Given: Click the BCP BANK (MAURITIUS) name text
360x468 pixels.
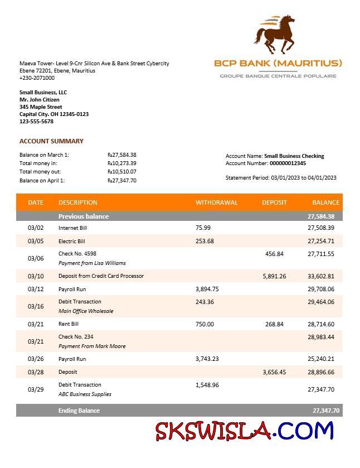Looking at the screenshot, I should click(278, 63).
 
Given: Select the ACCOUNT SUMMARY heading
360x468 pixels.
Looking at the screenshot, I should click(51, 141).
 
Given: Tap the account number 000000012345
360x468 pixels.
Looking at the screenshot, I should click(288, 163).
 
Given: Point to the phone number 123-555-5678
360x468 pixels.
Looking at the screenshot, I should click(36, 121).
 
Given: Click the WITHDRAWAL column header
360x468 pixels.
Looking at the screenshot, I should click(216, 202).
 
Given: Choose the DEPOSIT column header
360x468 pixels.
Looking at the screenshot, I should click(274, 202).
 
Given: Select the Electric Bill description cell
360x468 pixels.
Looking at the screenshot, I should click(71, 242).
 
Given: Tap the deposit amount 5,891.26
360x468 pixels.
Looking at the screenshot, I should click(274, 276).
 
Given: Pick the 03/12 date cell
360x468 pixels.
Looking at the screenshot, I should click(36, 289).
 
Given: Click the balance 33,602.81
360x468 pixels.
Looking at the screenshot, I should click(320, 276).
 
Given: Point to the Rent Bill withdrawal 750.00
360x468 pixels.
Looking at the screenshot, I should click(205, 324).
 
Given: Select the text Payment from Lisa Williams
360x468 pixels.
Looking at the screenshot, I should click(92, 263).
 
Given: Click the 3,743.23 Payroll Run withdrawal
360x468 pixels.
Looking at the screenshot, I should click(207, 359).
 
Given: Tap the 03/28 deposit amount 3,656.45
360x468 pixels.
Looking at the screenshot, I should click(274, 372).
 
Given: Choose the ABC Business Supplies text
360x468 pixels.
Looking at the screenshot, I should click(85, 394).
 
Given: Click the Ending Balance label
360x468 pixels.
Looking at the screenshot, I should click(79, 411).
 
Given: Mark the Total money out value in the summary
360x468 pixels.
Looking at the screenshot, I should click(122, 172).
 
